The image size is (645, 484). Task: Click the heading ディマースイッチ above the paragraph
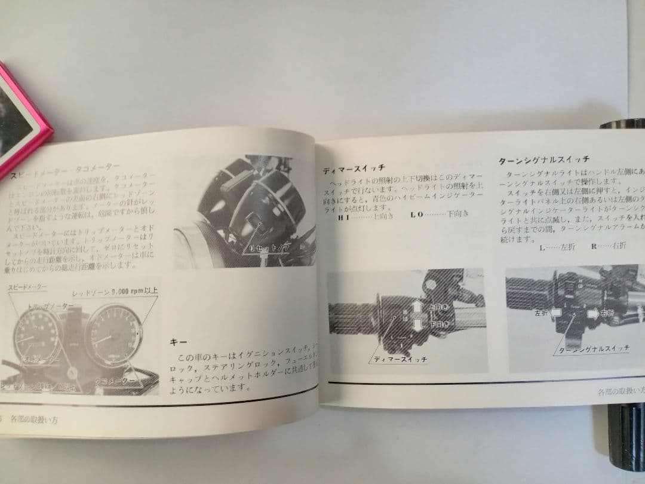pyautogui.click(x=354, y=168)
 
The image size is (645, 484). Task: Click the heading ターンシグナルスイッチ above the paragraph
pyautogui.click(x=544, y=160)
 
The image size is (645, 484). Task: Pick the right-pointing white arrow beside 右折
pyautogui.click(x=592, y=311)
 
